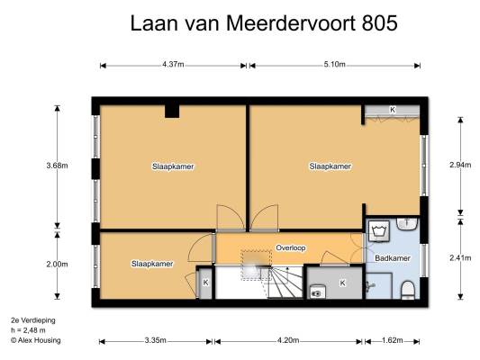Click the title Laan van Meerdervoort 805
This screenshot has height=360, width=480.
tap(264, 22)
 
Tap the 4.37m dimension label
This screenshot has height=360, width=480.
tap(173, 65)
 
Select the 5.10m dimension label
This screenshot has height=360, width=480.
tap(335, 65)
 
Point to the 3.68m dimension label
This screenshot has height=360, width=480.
tap(58, 166)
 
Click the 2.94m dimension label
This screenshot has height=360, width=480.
tap(460, 165)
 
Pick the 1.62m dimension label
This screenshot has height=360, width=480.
tap(392, 340)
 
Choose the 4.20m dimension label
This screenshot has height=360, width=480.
tap(288, 340)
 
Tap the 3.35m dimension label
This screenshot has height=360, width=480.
tap(156, 340)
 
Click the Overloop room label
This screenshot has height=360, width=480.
tap(291, 247)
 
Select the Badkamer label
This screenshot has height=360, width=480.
tap(392, 258)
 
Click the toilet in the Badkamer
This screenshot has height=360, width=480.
tap(407, 290)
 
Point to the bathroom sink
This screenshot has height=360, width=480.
tap(407, 224)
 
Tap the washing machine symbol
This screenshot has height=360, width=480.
tap(379, 231)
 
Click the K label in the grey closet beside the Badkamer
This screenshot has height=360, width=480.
tap(342, 283)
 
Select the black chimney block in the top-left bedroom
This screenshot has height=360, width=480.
tap(172, 112)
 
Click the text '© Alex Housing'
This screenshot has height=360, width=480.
tap(36, 340)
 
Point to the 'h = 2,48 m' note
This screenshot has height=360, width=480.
tap(28, 330)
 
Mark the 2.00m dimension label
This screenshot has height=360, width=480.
tap(58, 264)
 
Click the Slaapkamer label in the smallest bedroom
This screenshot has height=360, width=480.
tap(152, 264)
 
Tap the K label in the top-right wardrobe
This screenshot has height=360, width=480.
tap(393, 110)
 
